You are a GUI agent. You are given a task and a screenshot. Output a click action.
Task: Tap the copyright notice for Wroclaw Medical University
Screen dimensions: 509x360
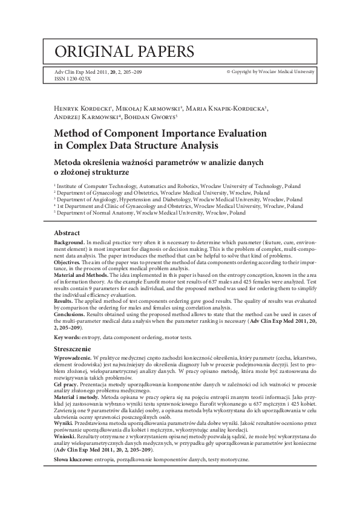point(270,71)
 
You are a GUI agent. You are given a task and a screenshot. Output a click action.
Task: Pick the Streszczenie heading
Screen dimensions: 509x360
point(73,349)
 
